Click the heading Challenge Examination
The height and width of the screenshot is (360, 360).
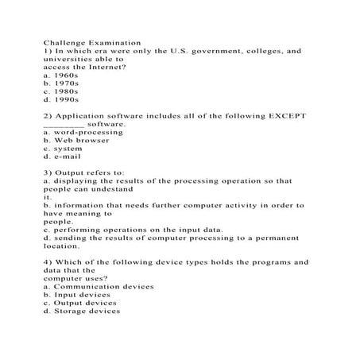click(x=91, y=41)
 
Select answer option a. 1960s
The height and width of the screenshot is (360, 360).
click(x=61, y=75)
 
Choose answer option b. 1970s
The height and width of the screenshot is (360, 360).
click(x=61, y=83)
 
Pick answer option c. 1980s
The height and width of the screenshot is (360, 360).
click(x=61, y=91)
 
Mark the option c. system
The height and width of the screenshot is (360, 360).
click(x=63, y=149)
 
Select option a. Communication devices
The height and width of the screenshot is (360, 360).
click(x=99, y=286)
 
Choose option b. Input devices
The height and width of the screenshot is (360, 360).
click(x=79, y=294)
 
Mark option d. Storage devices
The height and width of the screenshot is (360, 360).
click(x=83, y=311)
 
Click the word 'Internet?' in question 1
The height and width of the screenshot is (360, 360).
click(x=104, y=67)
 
